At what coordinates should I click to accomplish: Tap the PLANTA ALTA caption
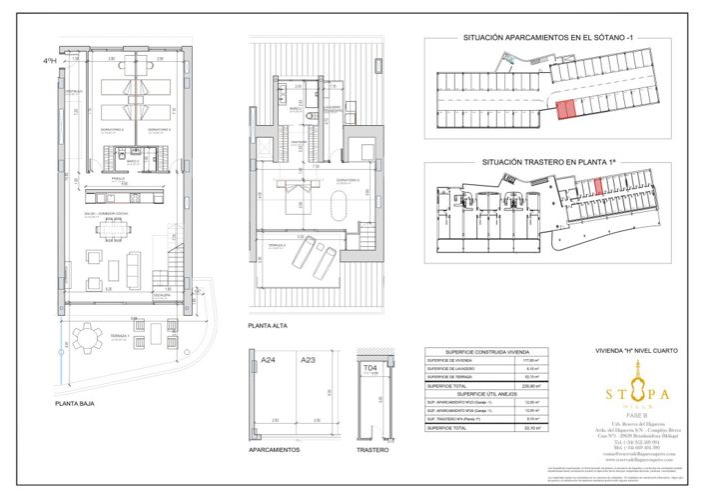269,326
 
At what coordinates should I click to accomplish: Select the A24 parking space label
268,360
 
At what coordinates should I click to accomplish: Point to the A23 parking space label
309,360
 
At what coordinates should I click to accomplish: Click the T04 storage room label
370,368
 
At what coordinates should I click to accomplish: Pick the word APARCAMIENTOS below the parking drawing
274,450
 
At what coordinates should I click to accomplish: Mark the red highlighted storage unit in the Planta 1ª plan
597,186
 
